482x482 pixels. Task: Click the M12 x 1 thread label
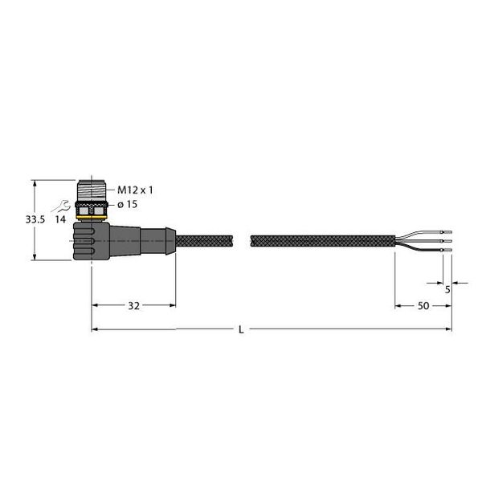136,190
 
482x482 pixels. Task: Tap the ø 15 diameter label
130,205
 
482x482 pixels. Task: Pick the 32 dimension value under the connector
133,306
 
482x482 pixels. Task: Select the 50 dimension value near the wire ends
423,306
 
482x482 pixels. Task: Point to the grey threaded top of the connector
92,192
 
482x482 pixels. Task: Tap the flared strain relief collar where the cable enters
167,240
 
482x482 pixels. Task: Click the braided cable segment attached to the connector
204,240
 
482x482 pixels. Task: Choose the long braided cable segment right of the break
321,240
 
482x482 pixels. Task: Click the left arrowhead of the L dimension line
95,329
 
